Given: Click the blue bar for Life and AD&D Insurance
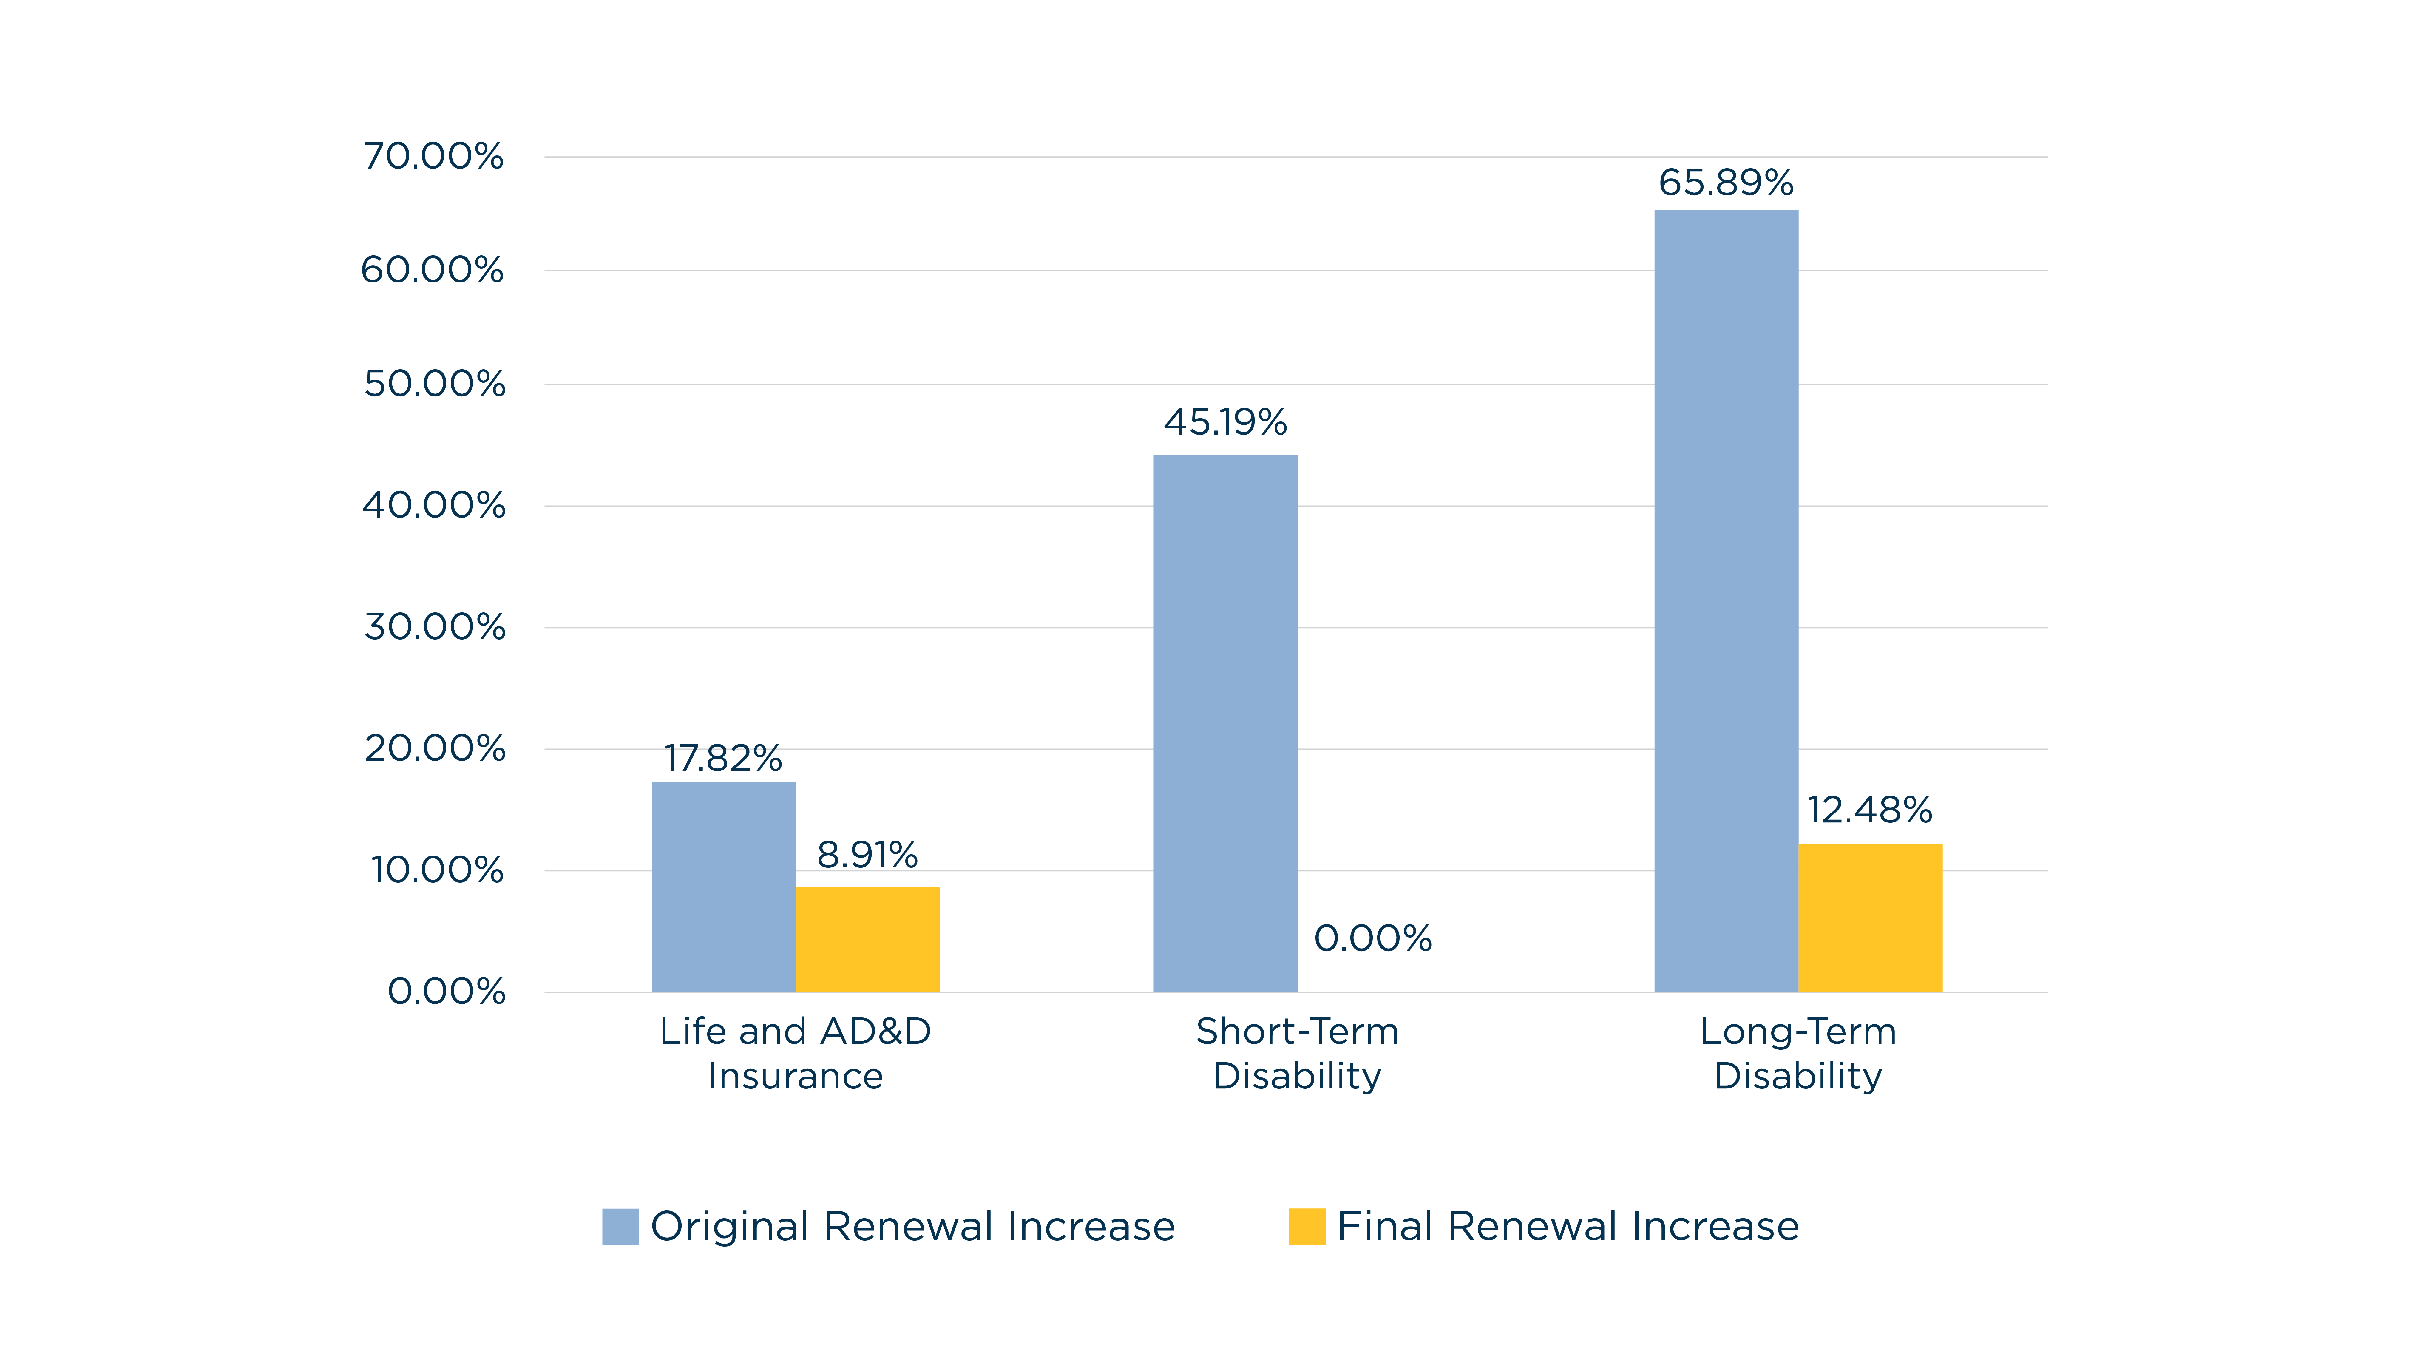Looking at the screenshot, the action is (x=724, y=887).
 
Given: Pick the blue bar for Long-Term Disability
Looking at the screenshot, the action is (x=1727, y=601).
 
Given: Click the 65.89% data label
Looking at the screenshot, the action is (x=1727, y=183).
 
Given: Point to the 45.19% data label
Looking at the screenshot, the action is (x=1225, y=423).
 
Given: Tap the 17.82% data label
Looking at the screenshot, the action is (x=724, y=759).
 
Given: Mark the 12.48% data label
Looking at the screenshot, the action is (x=1870, y=810).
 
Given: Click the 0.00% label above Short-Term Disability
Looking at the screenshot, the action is (x=1373, y=938).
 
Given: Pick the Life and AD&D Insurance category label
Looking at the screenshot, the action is (x=796, y=1054).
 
